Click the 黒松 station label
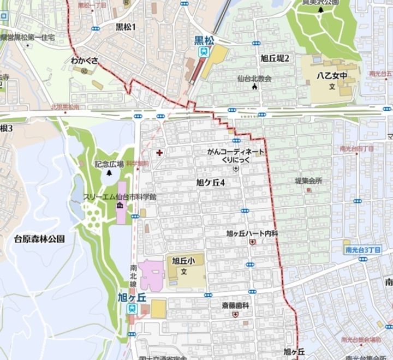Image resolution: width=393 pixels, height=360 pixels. [x=204, y=40]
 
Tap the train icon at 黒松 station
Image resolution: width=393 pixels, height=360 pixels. [x=204, y=52]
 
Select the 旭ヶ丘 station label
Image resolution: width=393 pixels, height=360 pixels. [x=132, y=297]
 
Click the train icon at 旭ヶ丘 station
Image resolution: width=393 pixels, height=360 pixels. [x=132, y=309]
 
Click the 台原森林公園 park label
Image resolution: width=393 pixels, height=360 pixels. [x=39, y=238]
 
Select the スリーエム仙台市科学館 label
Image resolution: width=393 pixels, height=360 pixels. [x=120, y=197]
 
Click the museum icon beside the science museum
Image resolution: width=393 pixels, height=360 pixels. [x=120, y=205]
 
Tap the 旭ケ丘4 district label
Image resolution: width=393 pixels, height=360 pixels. [x=211, y=183]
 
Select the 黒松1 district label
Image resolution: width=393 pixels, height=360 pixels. [x=126, y=27]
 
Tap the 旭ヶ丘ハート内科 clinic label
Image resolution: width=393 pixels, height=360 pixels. [x=252, y=233]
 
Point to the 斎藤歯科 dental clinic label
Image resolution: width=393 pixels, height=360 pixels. [x=235, y=305]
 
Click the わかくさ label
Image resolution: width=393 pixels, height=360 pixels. [x=84, y=61]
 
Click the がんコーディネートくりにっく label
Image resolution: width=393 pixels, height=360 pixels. [x=236, y=155]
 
